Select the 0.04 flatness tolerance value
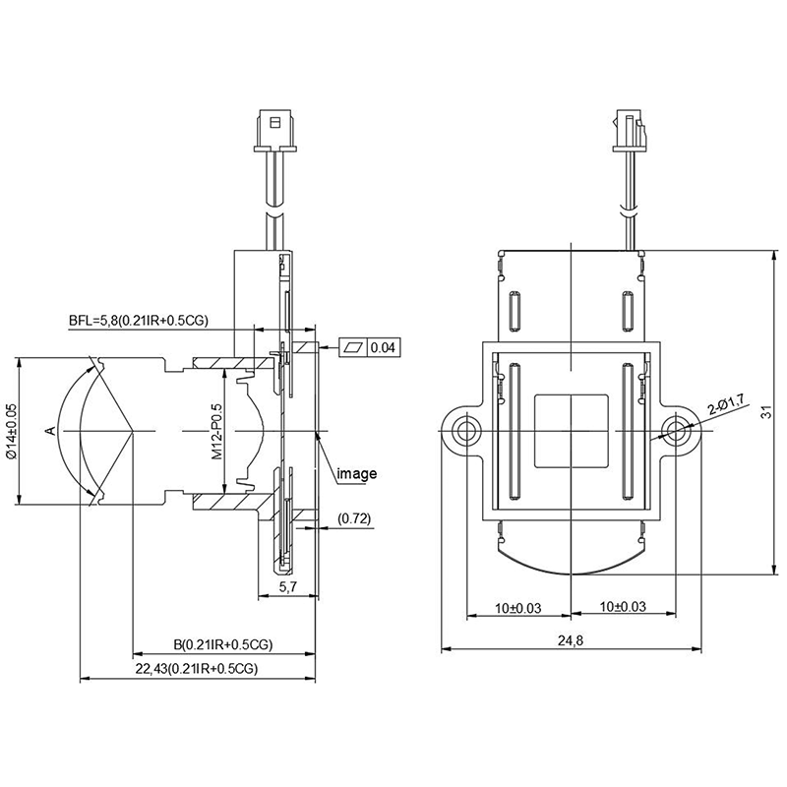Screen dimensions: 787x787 (x=384, y=347)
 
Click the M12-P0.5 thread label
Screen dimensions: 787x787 (x=218, y=433)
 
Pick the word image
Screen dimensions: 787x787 (x=357, y=474)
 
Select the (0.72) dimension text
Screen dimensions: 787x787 (x=353, y=517)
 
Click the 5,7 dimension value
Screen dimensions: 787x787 (x=287, y=587)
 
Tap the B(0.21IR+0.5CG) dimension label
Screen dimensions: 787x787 (x=222, y=645)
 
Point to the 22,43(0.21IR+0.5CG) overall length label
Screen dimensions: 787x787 (x=197, y=669)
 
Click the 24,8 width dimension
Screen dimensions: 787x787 (x=571, y=640)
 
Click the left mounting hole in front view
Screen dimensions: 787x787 (x=464, y=430)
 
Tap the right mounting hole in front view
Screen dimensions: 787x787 (x=676, y=430)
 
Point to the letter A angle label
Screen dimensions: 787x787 (x=49, y=431)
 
